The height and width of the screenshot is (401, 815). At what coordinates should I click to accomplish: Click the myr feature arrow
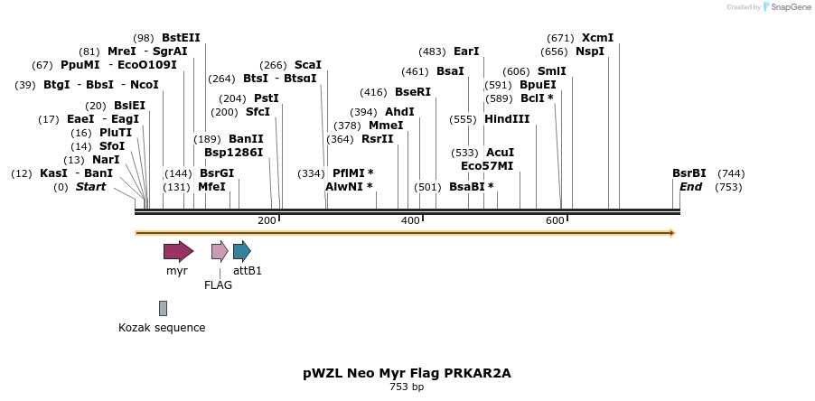tap(178, 251)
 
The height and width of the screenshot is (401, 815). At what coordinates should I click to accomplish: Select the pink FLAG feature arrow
tap(220, 251)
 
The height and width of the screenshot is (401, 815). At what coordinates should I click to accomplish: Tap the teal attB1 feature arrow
tap(241, 251)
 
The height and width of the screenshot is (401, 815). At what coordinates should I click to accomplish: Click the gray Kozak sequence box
tap(163, 308)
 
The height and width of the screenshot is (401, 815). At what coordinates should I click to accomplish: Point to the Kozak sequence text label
tap(162, 328)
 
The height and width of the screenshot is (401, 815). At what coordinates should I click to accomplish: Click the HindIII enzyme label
tap(507, 119)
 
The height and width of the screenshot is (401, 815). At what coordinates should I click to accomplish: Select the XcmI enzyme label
tap(597, 38)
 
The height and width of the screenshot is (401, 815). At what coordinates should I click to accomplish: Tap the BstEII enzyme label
tap(181, 38)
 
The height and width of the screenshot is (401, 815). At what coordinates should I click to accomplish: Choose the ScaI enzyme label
tap(308, 65)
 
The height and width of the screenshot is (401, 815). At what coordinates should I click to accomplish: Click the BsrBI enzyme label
tap(689, 173)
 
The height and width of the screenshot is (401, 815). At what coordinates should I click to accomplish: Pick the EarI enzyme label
tap(466, 51)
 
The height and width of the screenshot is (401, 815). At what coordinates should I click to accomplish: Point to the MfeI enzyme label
tap(211, 187)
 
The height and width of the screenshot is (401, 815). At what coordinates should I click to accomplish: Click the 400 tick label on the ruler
tap(410, 221)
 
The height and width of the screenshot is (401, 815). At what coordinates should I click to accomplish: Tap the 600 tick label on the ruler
tap(555, 221)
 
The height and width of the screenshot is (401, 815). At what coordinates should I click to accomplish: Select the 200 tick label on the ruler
tap(267, 221)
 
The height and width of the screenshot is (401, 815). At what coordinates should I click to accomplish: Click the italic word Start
tap(90, 187)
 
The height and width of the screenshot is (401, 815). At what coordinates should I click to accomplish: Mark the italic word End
tap(690, 187)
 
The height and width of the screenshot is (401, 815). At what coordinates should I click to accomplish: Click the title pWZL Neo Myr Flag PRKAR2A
tap(407, 372)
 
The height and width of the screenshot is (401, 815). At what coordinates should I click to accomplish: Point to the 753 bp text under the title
tap(407, 387)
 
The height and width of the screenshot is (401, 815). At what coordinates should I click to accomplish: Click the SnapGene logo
tap(782, 7)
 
